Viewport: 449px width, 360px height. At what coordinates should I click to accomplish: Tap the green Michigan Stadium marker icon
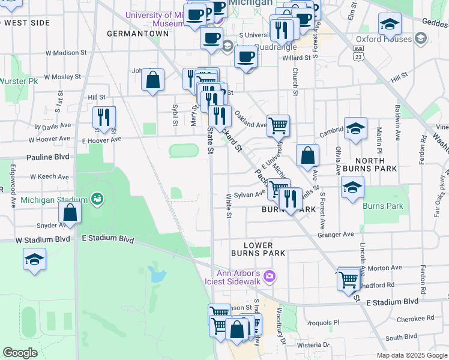(x=97, y=198)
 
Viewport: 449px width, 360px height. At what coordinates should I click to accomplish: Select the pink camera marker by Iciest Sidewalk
(x=270, y=276)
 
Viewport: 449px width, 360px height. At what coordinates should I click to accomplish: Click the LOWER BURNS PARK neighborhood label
(x=258, y=250)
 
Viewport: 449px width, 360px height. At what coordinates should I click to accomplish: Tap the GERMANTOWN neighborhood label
(x=137, y=34)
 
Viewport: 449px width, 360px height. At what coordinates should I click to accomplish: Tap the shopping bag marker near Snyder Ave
(x=70, y=213)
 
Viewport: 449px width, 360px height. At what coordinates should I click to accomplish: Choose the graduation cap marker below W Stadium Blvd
(x=34, y=260)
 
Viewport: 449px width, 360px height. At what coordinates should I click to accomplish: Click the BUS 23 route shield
(x=358, y=53)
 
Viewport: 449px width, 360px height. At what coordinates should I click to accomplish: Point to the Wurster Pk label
(x=19, y=80)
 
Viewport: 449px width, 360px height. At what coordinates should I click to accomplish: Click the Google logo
(x=20, y=353)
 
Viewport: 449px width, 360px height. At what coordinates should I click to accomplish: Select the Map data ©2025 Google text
(x=411, y=355)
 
